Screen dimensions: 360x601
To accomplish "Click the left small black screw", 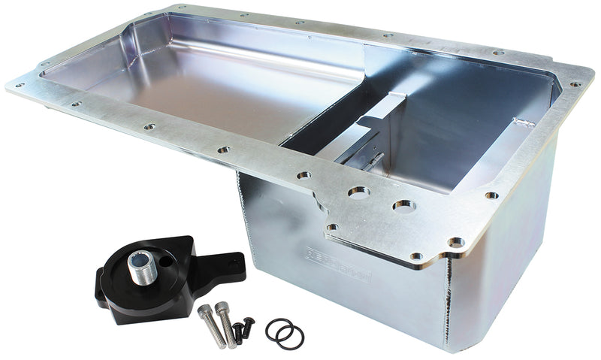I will (x=238, y=331).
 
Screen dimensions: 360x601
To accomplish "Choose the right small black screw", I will (x=249, y=325).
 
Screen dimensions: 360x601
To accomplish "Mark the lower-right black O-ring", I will (x=290, y=337).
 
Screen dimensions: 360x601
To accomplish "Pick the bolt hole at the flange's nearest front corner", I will (x=456, y=242).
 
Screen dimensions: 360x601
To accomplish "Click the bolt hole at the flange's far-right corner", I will (x=575, y=84).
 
